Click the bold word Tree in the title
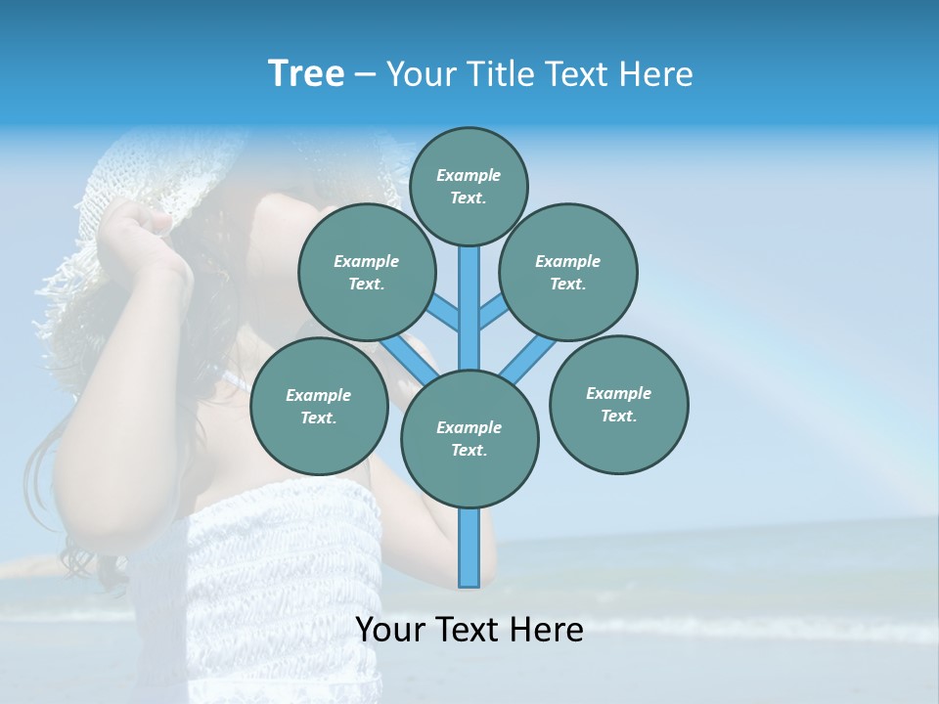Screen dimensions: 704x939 click(x=306, y=74)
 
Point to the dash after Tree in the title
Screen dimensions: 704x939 click(x=364, y=75)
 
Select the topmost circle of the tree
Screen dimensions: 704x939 click(x=469, y=186)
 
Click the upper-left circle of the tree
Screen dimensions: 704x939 click(x=366, y=272)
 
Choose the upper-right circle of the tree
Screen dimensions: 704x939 click(x=567, y=272)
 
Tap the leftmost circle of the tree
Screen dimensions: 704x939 click(x=318, y=406)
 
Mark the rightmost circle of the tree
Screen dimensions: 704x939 click(x=618, y=404)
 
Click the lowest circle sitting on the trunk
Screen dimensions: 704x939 click(x=469, y=438)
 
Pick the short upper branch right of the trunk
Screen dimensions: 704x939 click(x=493, y=313)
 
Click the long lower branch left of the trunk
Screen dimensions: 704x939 click(x=406, y=358)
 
